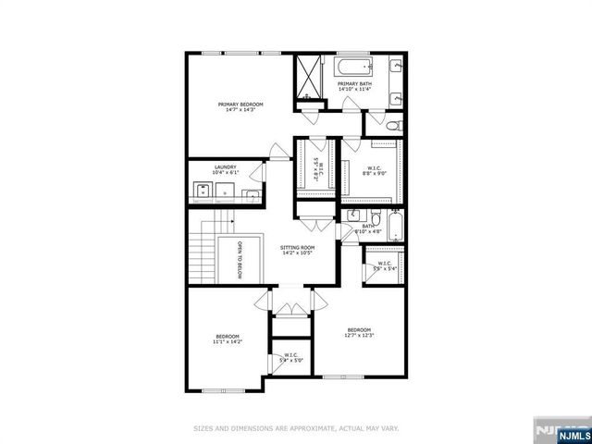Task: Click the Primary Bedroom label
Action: (x=240, y=105)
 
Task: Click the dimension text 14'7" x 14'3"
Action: (x=240, y=111)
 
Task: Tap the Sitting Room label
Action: (x=298, y=248)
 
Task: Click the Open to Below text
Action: (x=240, y=259)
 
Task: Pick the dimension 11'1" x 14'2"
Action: (x=228, y=342)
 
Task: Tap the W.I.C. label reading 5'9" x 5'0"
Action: (x=291, y=357)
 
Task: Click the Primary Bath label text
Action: (x=354, y=84)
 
